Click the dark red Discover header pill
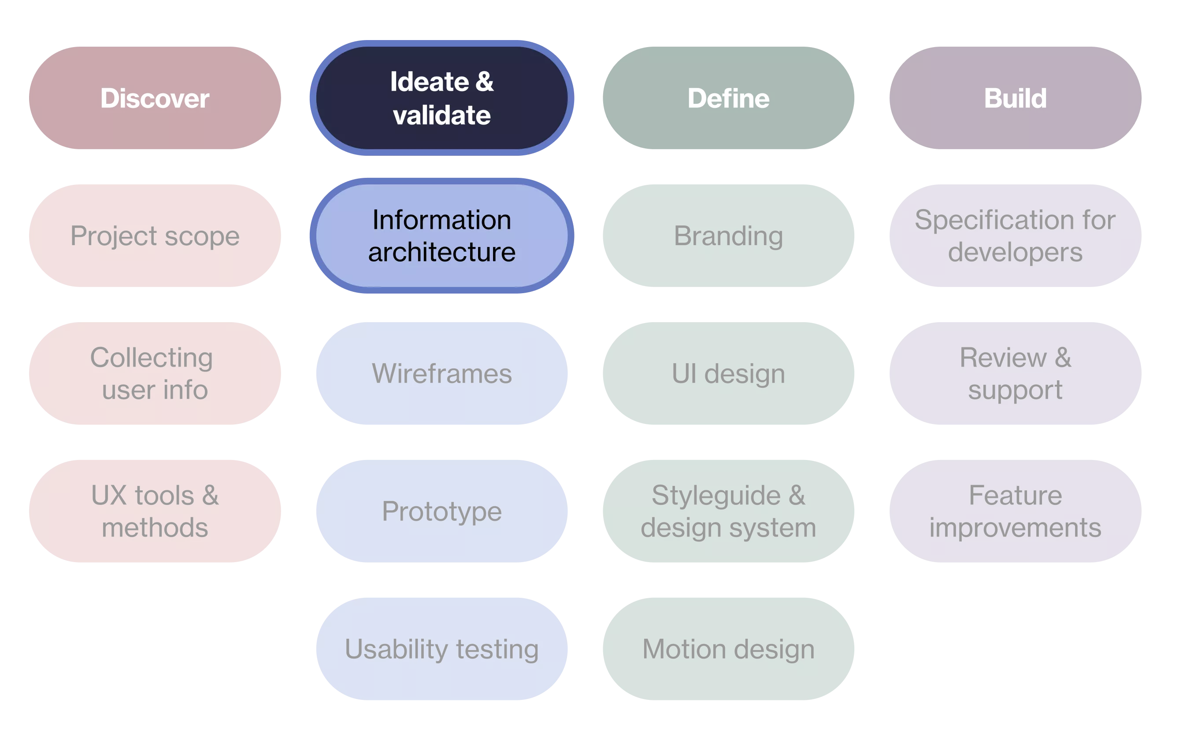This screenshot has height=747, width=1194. coord(155,98)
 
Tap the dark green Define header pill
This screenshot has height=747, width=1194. coord(729,98)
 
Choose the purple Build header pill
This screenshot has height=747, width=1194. coord(1015,98)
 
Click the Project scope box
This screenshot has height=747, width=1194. coord(155,236)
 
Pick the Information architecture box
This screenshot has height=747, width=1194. coord(441,236)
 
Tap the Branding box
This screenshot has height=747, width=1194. coord(729,236)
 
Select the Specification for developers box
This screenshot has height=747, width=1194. coord(1015,236)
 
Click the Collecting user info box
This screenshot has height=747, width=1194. coord(155,373)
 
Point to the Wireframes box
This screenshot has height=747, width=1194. coord(441,373)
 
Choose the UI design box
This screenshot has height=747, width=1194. coord(729,373)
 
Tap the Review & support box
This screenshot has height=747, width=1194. coord(1015,373)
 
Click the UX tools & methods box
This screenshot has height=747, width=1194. coord(155,511)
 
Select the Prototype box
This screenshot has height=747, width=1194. coord(441,511)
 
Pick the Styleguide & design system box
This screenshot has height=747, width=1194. coord(729,511)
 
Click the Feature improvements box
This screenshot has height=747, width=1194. coord(1015,511)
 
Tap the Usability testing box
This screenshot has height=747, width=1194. coord(441,648)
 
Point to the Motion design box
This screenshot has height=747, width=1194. coord(729,648)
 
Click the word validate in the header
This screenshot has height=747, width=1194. coord(441,116)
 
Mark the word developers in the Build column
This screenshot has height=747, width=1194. coord(1015,252)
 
